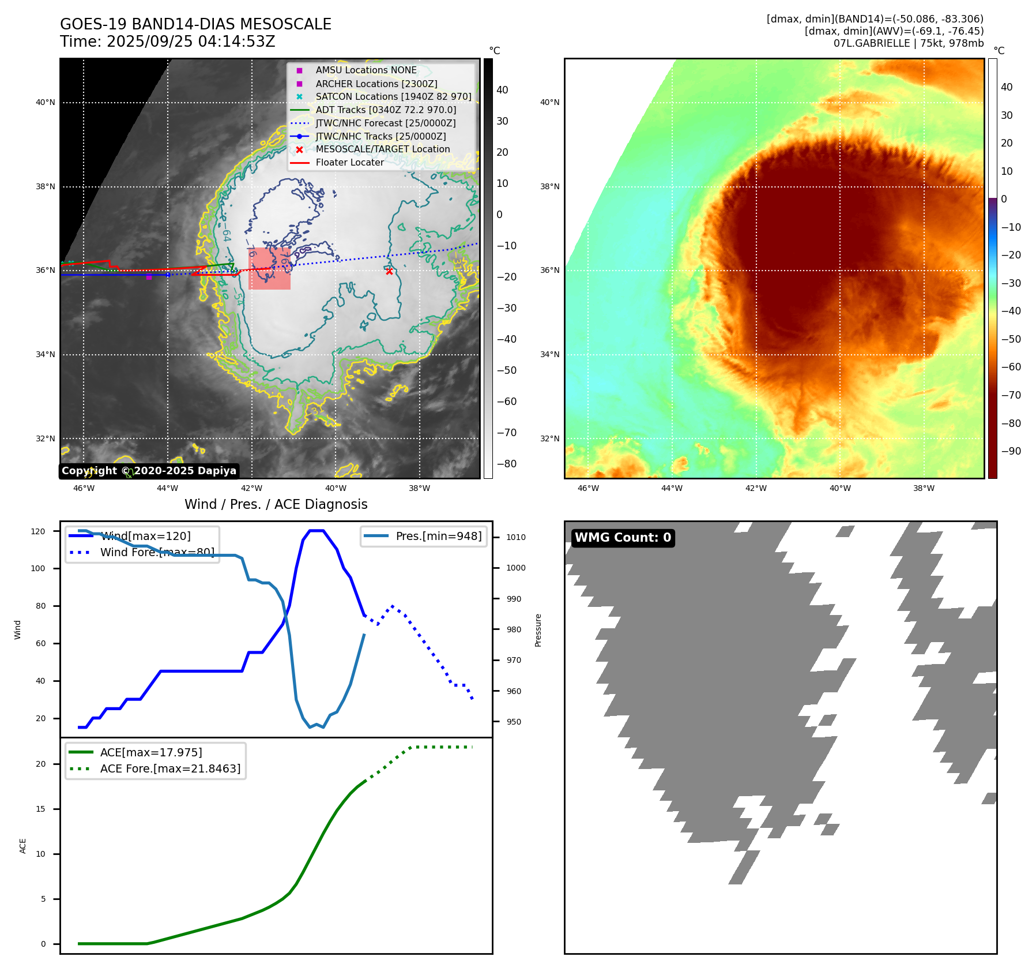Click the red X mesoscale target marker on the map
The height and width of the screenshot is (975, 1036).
click(x=389, y=271)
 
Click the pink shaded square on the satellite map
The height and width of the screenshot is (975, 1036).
click(x=269, y=269)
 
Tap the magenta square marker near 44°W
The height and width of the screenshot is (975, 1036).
click(x=149, y=277)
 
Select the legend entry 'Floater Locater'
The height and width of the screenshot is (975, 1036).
click(x=349, y=163)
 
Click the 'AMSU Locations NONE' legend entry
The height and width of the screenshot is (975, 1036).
click(x=366, y=70)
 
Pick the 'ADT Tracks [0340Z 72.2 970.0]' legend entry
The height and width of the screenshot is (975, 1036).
click(x=386, y=110)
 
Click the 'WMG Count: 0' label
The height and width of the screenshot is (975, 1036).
click(x=623, y=538)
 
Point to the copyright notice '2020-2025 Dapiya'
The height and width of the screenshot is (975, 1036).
click(x=149, y=471)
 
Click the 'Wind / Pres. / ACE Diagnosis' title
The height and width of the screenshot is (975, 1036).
click(x=276, y=504)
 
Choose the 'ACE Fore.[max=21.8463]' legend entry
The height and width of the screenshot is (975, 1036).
click(x=170, y=768)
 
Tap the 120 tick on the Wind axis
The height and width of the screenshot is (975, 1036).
click(x=38, y=531)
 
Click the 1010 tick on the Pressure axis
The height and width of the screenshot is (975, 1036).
click(x=516, y=537)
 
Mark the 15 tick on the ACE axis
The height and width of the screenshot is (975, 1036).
click(x=40, y=809)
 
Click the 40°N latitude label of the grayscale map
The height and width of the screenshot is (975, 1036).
click(x=46, y=103)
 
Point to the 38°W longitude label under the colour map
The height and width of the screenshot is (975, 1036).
click(x=924, y=488)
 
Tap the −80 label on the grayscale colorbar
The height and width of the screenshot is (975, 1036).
click(x=507, y=464)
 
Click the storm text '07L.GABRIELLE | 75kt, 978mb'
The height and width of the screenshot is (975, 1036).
click(x=908, y=43)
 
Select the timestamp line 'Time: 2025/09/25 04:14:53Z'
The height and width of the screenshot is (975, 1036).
click(x=168, y=42)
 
